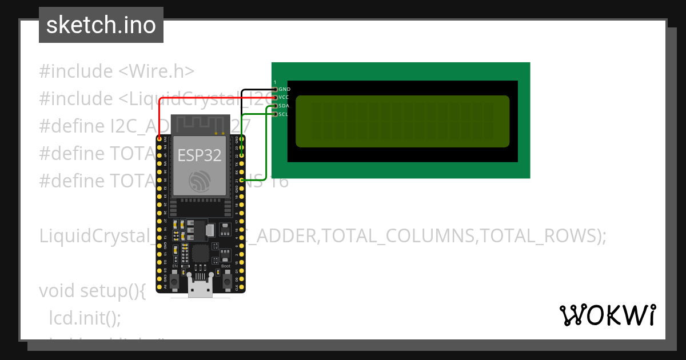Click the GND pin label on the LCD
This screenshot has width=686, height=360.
point(284,89)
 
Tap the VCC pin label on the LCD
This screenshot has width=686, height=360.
point(284,97)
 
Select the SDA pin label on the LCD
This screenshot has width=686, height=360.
point(284,106)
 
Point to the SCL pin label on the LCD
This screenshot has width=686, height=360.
point(284,114)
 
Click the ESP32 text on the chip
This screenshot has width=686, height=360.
point(200,155)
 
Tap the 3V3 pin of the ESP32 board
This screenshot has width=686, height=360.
point(159,139)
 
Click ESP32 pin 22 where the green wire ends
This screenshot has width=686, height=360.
point(242,155)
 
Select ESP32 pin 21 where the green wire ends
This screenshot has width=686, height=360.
point(242,180)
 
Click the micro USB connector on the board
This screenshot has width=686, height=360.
point(201,286)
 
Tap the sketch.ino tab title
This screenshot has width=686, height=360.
point(101,25)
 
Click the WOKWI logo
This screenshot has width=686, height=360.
point(607,315)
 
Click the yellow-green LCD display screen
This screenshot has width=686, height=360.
point(402,121)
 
